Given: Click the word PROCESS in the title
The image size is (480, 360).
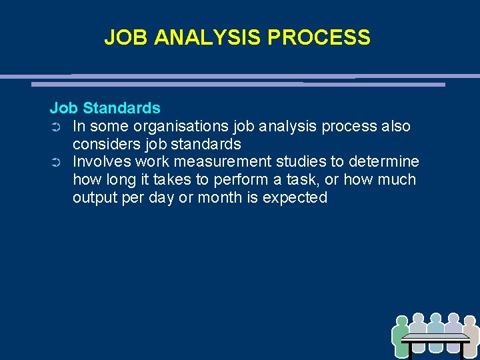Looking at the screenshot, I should click(x=319, y=37).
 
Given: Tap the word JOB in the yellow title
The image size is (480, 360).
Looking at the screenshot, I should click(x=127, y=37).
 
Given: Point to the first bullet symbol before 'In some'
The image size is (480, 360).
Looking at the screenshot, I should click(x=56, y=127).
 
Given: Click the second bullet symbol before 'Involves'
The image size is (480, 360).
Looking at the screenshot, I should click(x=56, y=163).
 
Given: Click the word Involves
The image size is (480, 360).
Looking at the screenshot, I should click(x=101, y=162).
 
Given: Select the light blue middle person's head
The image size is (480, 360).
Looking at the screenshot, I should click(x=435, y=318).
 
